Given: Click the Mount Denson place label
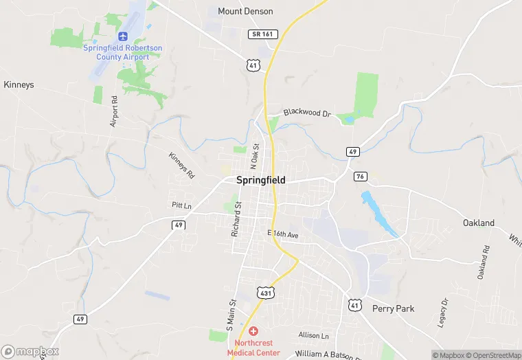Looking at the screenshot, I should (245, 11).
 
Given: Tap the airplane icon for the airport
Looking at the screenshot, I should (123, 36).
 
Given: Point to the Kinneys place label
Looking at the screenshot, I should (19, 85).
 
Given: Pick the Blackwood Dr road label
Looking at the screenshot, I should (307, 113).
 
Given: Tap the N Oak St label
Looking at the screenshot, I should (254, 156).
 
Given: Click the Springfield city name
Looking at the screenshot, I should (260, 180).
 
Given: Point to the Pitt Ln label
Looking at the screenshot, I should (181, 205).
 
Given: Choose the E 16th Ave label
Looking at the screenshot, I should (284, 234).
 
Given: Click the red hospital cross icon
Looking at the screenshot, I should (253, 331).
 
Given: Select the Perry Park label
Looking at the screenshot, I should (393, 308).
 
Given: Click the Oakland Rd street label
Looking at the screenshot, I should (484, 262).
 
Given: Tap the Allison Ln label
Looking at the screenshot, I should (314, 335).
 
